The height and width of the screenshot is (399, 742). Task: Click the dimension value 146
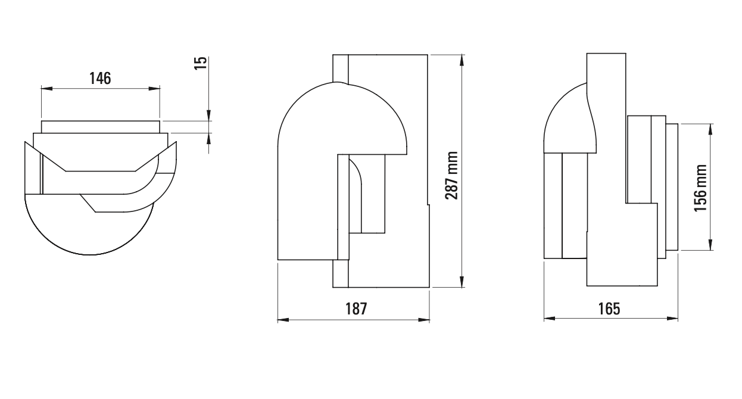100,78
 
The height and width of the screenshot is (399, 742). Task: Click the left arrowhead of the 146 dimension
45,89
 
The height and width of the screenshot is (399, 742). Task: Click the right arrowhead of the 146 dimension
155,89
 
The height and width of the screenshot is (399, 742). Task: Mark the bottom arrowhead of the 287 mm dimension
462,283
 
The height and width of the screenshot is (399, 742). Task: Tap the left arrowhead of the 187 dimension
282,320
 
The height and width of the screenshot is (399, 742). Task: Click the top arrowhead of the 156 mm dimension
710,128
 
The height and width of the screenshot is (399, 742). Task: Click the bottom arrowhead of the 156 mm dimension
710,246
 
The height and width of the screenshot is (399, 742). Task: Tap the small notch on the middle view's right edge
428,205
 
